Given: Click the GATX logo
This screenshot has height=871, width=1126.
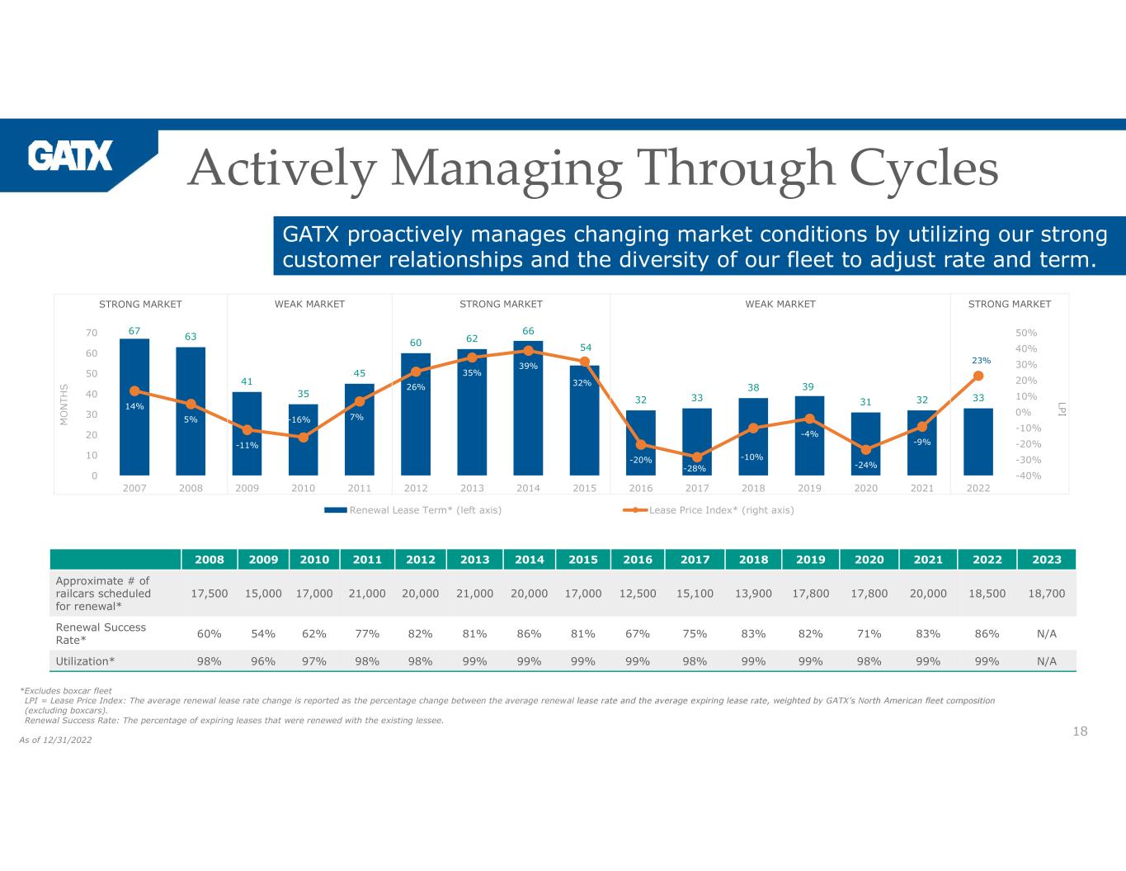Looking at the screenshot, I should [70, 155].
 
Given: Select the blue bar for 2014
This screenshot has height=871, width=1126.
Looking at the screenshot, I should [528, 413].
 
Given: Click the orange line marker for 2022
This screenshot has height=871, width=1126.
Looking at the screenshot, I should [978, 376].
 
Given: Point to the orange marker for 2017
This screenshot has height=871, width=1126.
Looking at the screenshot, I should [697, 457].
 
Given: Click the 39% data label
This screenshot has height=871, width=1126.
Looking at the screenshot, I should [528, 366].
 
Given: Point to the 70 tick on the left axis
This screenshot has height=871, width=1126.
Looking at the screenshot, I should [90, 333].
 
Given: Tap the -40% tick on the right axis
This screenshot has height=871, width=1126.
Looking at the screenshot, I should [1028, 476].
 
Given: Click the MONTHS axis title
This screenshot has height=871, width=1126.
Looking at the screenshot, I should [64, 405].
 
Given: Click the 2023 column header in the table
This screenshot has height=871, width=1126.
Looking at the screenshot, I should [1047, 559].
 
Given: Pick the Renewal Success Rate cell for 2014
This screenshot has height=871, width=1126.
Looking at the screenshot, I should [529, 633].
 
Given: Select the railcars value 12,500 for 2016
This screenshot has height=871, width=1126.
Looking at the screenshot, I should [638, 593].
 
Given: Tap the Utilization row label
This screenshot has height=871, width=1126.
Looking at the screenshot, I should [85, 660].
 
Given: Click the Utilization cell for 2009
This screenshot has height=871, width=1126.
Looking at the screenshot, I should [263, 660].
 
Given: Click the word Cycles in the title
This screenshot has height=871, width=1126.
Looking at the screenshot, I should [923, 168].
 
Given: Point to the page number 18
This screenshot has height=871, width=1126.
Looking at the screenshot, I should [1080, 731].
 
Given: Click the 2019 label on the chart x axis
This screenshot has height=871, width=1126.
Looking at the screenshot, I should [809, 488].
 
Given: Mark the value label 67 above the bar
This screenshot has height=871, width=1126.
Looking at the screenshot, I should [134, 330].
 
